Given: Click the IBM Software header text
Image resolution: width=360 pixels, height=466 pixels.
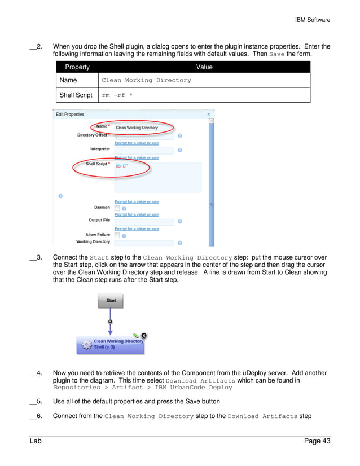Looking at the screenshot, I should [312, 20].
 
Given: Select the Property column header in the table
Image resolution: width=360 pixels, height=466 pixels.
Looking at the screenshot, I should [77, 67].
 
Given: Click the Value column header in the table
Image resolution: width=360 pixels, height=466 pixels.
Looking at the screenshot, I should [204, 67].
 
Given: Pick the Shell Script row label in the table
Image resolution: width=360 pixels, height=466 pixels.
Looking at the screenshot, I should [76, 95].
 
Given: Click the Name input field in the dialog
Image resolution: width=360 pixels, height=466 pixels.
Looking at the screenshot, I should [144, 128].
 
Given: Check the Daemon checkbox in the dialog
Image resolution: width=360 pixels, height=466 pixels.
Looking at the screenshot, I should [117, 208].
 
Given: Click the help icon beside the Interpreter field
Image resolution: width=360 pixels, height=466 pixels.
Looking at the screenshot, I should [180, 150].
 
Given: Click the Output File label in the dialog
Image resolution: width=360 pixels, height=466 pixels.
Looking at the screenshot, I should [99, 220].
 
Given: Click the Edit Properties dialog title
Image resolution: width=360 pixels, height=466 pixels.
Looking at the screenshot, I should [70, 115].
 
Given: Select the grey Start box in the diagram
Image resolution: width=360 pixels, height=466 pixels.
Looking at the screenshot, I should [111, 301].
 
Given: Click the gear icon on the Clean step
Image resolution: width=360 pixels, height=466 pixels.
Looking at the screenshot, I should [86, 344].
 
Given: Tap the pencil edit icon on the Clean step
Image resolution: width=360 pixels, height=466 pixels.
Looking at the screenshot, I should [136, 336].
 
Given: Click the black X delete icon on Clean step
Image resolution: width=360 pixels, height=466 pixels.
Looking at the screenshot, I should [143, 335].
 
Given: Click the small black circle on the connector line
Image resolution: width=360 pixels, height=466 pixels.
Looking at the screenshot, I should [111, 321].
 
